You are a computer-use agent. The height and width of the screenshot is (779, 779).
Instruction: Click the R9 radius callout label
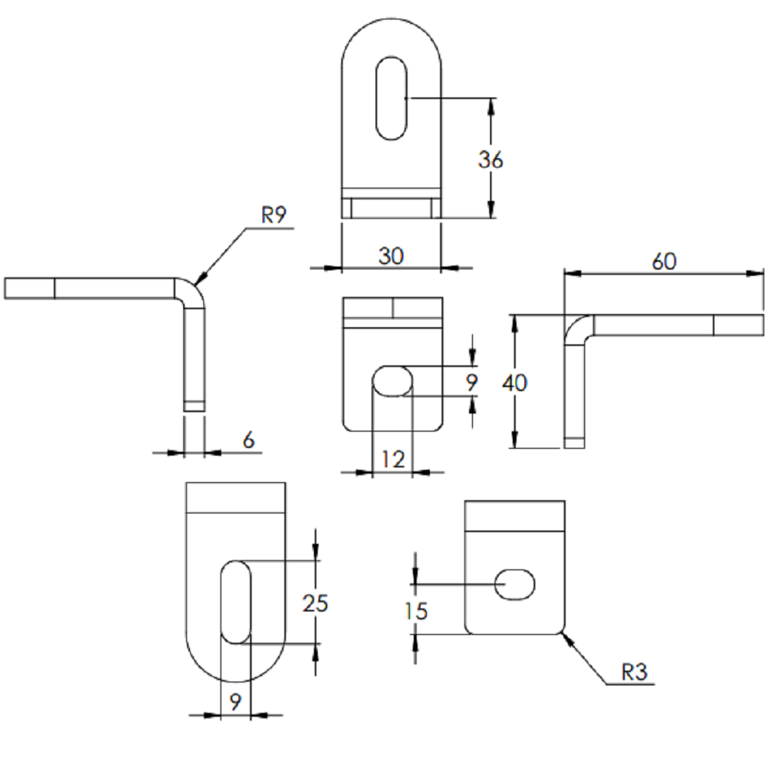coord(273,215)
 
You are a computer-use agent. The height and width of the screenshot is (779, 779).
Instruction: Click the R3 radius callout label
coord(634,672)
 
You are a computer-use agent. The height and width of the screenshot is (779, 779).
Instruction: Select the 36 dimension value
coord(490,160)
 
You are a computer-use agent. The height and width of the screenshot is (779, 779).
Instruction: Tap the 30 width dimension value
coord(391,256)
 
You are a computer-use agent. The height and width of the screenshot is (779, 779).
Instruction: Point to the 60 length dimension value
coord(664,261)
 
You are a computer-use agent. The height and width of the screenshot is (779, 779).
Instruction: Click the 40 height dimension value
coord(514,383)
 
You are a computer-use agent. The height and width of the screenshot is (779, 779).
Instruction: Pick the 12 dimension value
coord(393,460)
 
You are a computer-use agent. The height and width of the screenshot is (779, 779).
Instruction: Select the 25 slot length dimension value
coord(315,603)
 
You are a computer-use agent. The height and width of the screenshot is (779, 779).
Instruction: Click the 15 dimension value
coord(416,611)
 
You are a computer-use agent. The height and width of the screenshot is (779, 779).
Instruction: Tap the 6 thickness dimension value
coord(249,439)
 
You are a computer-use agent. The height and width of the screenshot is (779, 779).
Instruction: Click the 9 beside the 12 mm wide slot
coord(471,382)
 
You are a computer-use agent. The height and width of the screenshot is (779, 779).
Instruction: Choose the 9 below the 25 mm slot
coord(235,702)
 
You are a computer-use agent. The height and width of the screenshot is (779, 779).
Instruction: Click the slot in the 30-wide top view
coord(392,98)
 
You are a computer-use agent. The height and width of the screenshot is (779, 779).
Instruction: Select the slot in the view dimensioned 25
coord(235,602)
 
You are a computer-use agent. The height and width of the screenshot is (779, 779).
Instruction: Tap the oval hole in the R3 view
coord(515,585)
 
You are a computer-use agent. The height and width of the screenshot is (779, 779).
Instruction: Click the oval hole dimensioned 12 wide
coord(393,381)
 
